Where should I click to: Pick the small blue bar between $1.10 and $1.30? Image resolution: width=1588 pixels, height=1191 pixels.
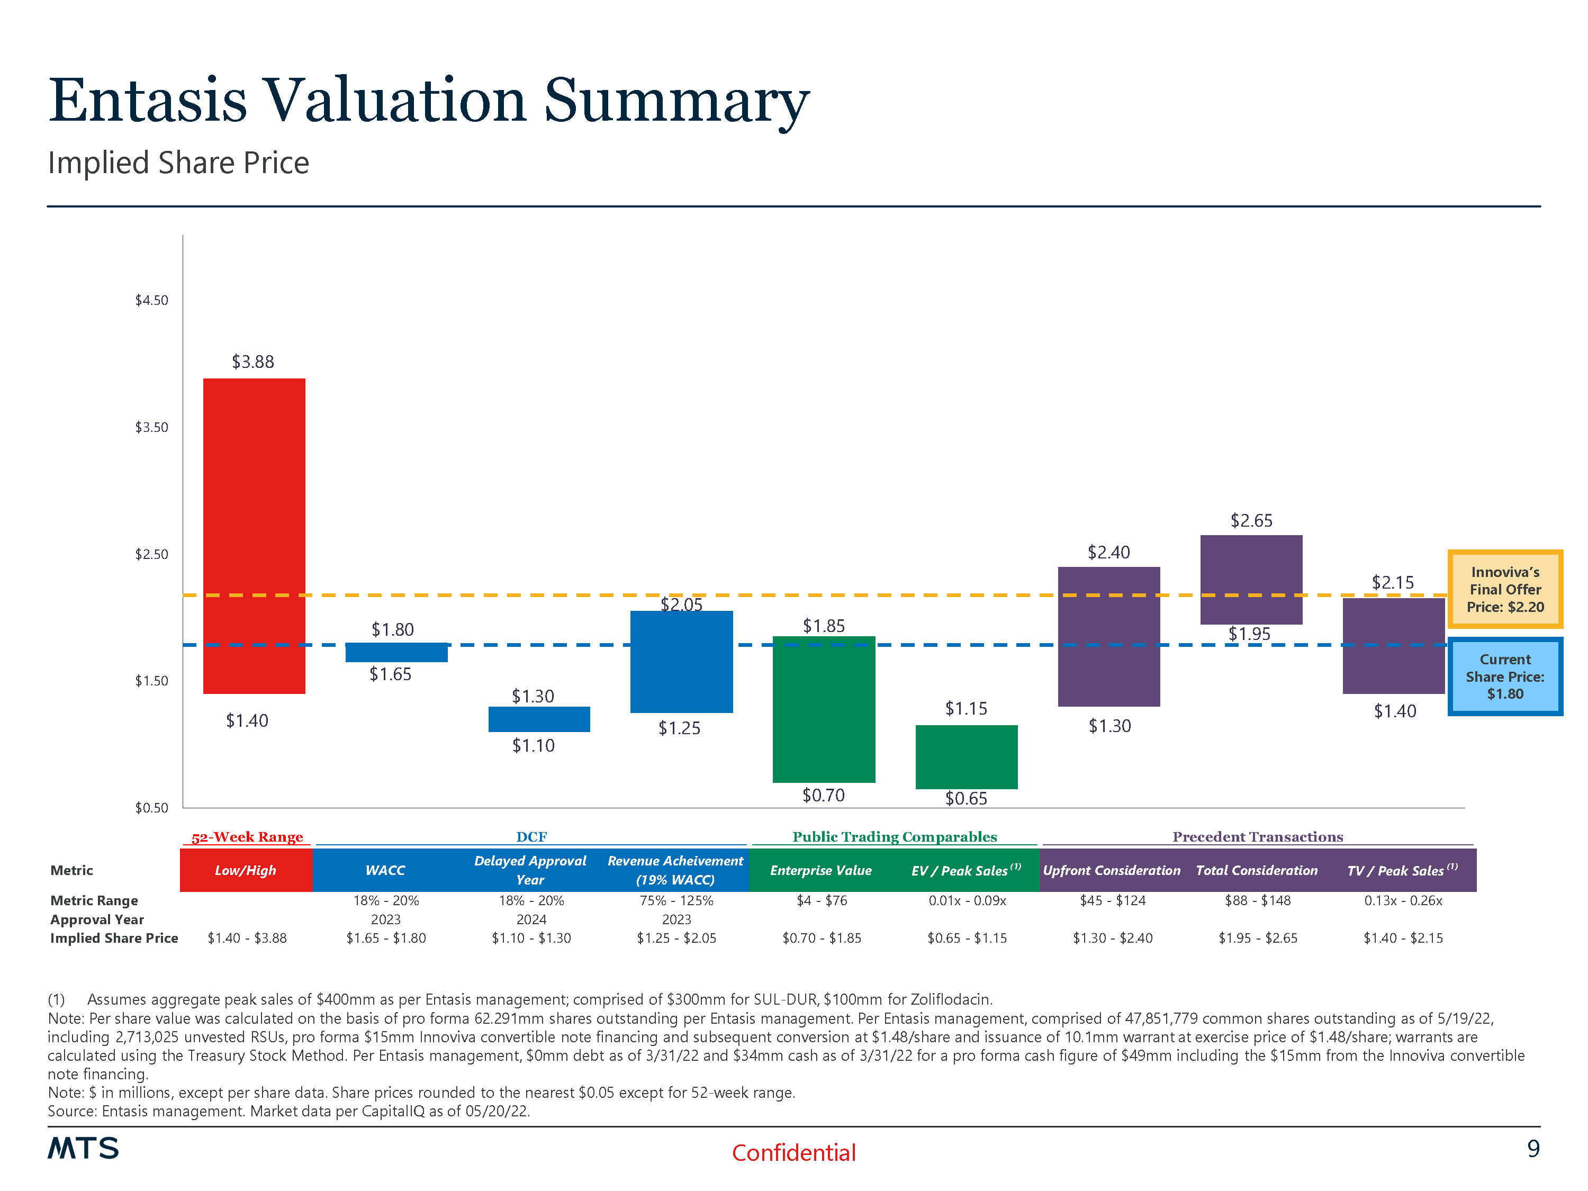pos(539,719)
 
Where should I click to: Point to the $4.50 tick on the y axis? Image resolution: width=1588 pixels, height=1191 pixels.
pos(151,301)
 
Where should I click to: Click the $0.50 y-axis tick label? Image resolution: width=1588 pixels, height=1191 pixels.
pos(151,808)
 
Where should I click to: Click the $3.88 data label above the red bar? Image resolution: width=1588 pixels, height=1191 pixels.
pos(252,362)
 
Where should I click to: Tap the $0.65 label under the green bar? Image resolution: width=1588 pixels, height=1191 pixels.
pos(966,798)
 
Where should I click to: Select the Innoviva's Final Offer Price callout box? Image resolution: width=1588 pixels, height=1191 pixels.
pos(1505,589)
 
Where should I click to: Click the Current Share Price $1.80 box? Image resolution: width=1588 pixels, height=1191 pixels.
pos(1505,676)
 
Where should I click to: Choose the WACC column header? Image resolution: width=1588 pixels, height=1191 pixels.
pos(385,870)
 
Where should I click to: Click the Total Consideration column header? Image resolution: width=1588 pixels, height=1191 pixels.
pos(1256,870)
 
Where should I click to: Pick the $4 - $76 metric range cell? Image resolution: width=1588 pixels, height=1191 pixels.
pos(822,900)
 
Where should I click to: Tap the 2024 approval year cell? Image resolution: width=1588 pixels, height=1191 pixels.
pos(531,919)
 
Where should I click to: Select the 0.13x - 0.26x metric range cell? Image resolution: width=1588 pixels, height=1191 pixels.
pos(1403,900)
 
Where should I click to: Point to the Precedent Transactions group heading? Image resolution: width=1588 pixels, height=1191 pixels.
pos(1258,837)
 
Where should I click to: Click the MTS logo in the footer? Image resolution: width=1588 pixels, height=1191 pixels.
pos(83,1149)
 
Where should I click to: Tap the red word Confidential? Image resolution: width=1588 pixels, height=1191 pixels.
pos(793,1153)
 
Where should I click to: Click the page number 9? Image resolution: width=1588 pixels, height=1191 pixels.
pos(1533,1149)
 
